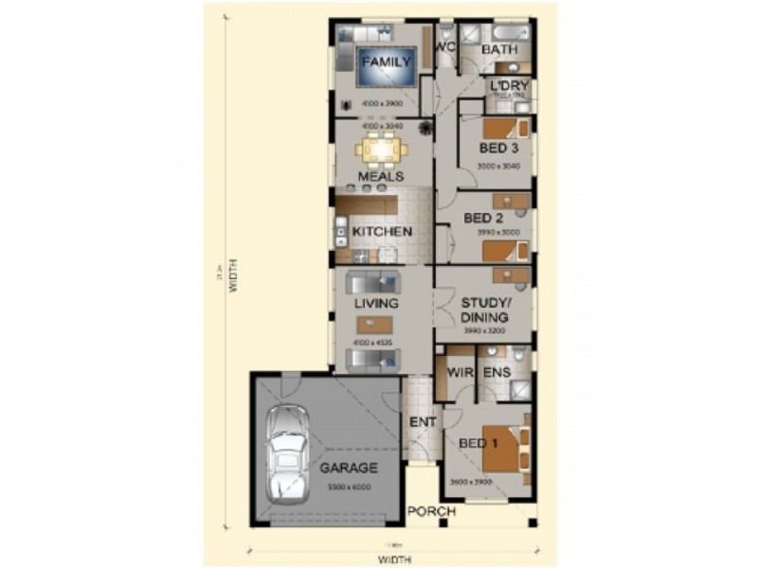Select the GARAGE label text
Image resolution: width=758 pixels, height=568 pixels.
348,468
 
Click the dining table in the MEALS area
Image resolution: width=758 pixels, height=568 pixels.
381,150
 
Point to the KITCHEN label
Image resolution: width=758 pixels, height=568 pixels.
382,231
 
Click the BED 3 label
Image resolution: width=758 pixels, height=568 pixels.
498,149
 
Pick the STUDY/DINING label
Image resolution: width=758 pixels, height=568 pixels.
484,311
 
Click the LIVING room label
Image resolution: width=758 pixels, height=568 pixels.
376,304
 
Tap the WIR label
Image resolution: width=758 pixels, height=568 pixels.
460,373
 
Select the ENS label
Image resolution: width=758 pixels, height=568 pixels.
497,373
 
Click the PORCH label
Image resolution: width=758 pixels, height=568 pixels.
431,512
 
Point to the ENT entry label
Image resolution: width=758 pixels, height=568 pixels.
421,422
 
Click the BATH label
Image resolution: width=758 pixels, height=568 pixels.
498,49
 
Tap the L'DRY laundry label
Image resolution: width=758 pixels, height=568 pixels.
509,86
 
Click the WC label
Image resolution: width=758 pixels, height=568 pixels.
444,46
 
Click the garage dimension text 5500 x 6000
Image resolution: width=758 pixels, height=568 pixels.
349,487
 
